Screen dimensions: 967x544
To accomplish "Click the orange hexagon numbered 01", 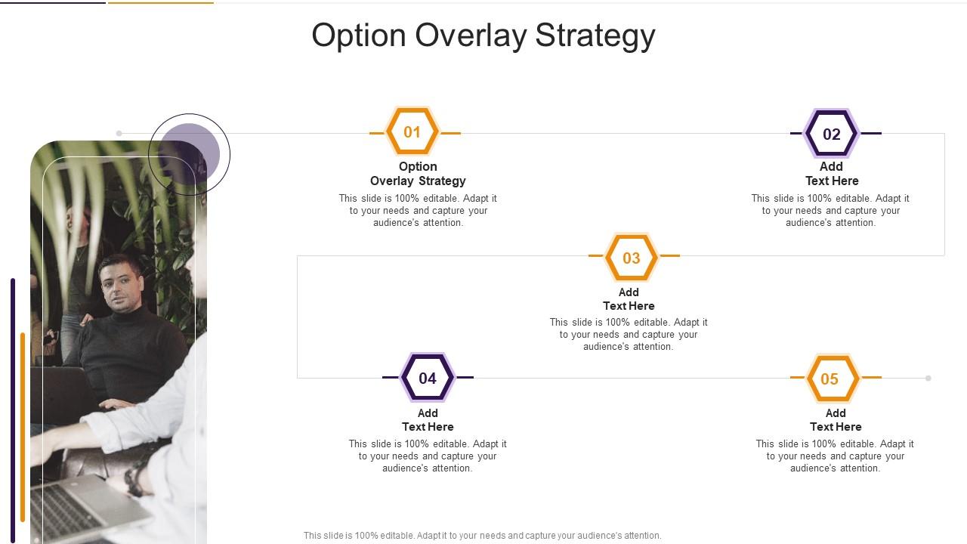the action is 412,131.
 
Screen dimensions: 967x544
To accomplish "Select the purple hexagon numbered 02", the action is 832,134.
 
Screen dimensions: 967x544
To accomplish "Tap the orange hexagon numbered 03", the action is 631,258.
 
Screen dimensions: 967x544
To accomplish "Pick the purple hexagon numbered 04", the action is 428,378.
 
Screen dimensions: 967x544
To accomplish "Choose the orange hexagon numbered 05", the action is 833,379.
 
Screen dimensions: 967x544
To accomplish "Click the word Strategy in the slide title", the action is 595,36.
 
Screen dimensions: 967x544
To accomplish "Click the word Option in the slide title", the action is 359,36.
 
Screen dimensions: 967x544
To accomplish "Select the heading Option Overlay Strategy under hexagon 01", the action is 418,174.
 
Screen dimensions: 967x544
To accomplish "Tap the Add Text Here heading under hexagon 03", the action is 629,298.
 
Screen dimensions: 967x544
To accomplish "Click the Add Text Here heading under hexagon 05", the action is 836,419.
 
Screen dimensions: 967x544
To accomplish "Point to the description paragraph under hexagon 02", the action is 830,210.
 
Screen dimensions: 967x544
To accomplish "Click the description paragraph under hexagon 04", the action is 428,456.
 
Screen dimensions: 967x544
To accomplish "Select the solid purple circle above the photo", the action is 189,154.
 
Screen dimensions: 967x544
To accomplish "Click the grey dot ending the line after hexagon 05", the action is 928,379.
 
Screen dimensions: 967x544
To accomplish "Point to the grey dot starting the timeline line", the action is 119,134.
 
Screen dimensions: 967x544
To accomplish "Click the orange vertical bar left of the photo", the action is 23,427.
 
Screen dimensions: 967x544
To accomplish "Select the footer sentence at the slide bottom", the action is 482,536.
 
